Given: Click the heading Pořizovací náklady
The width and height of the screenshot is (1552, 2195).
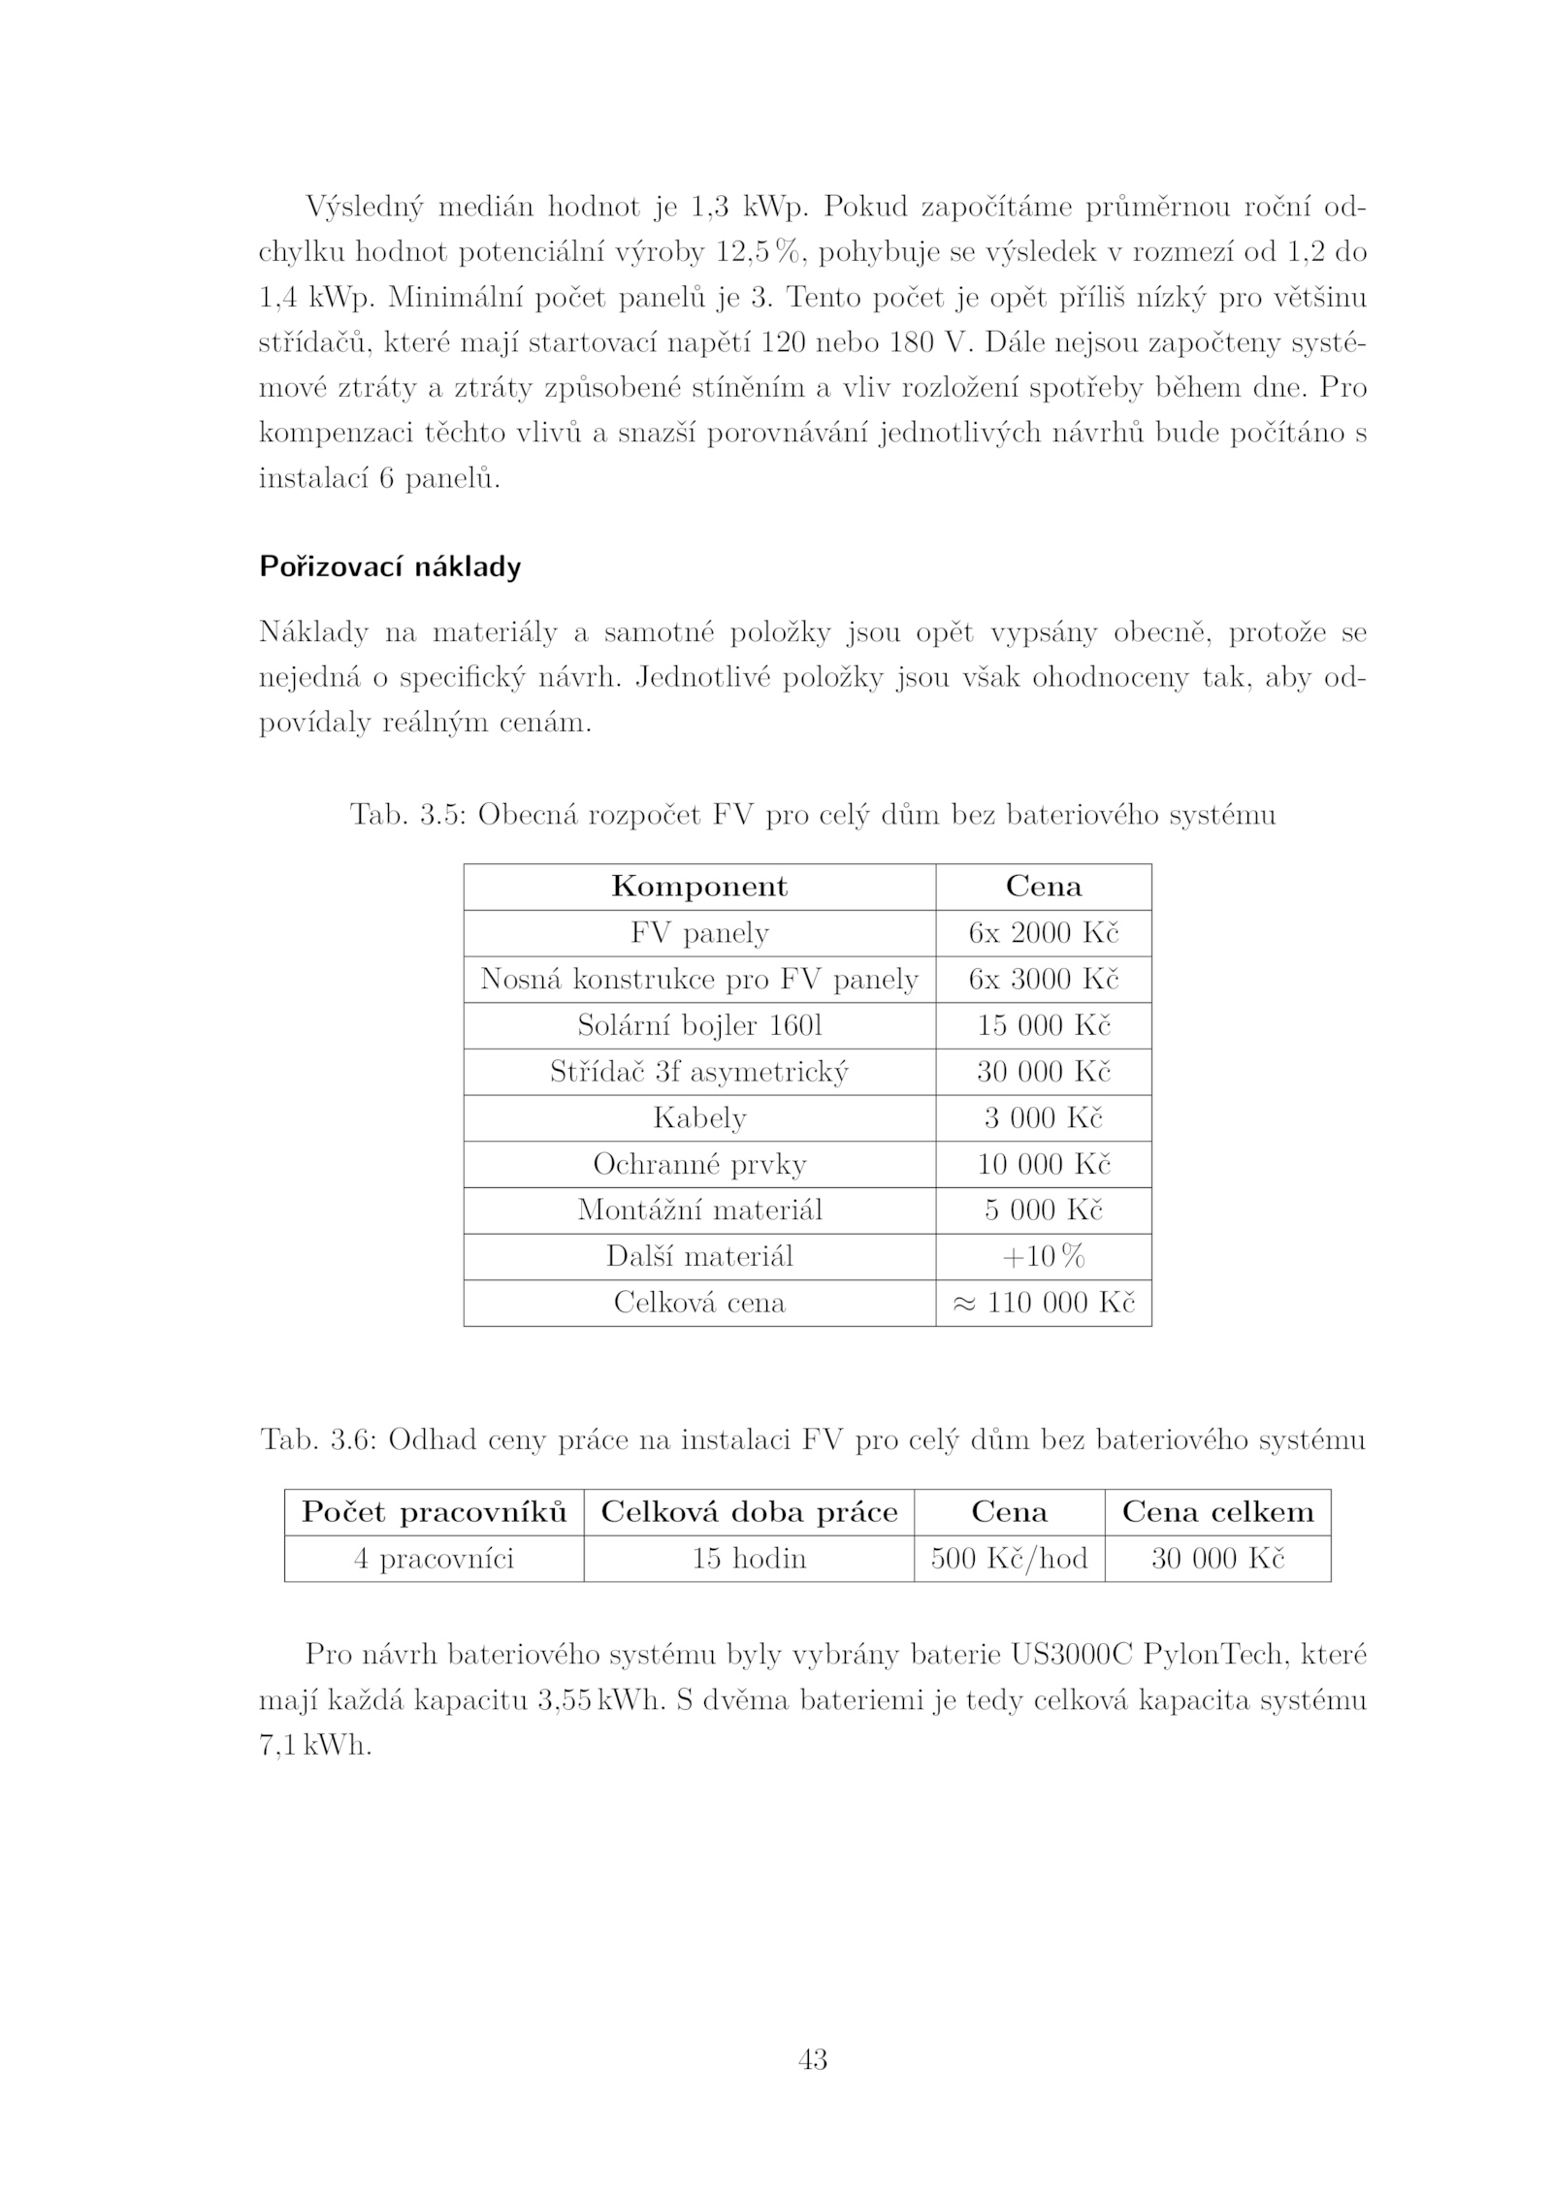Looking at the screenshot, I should [x=389, y=566].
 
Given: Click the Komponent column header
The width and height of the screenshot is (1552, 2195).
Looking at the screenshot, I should [x=698, y=887].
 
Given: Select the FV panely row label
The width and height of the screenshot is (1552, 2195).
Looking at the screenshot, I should [x=698, y=933].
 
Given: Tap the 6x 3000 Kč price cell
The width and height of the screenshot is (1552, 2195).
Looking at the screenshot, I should [x=1043, y=979].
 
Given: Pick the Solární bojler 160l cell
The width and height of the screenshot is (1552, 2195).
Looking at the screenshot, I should [x=698, y=1025].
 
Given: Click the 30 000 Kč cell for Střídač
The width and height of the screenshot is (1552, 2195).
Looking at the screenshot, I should [x=1043, y=1072].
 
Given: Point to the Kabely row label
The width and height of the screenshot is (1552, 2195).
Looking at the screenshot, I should [x=698, y=1118].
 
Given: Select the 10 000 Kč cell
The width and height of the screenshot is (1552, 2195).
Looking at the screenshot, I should [x=1043, y=1164].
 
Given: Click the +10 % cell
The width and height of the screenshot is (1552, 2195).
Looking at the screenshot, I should [x=1043, y=1257].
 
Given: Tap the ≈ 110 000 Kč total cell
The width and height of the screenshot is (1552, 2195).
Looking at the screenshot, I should [x=1043, y=1303].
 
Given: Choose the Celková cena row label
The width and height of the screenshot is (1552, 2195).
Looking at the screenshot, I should [x=698, y=1303].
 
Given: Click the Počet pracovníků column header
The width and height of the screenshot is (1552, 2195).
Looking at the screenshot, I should [x=434, y=1512].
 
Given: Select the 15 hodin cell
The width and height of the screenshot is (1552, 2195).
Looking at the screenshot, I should [x=748, y=1559].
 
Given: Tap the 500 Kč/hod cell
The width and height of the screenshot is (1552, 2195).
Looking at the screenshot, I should [x=1009, y=1559].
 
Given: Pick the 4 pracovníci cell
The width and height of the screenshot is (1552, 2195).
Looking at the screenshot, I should [x=434, y=1559].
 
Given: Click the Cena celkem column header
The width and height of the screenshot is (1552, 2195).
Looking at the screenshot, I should [x=1217, y=1512].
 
